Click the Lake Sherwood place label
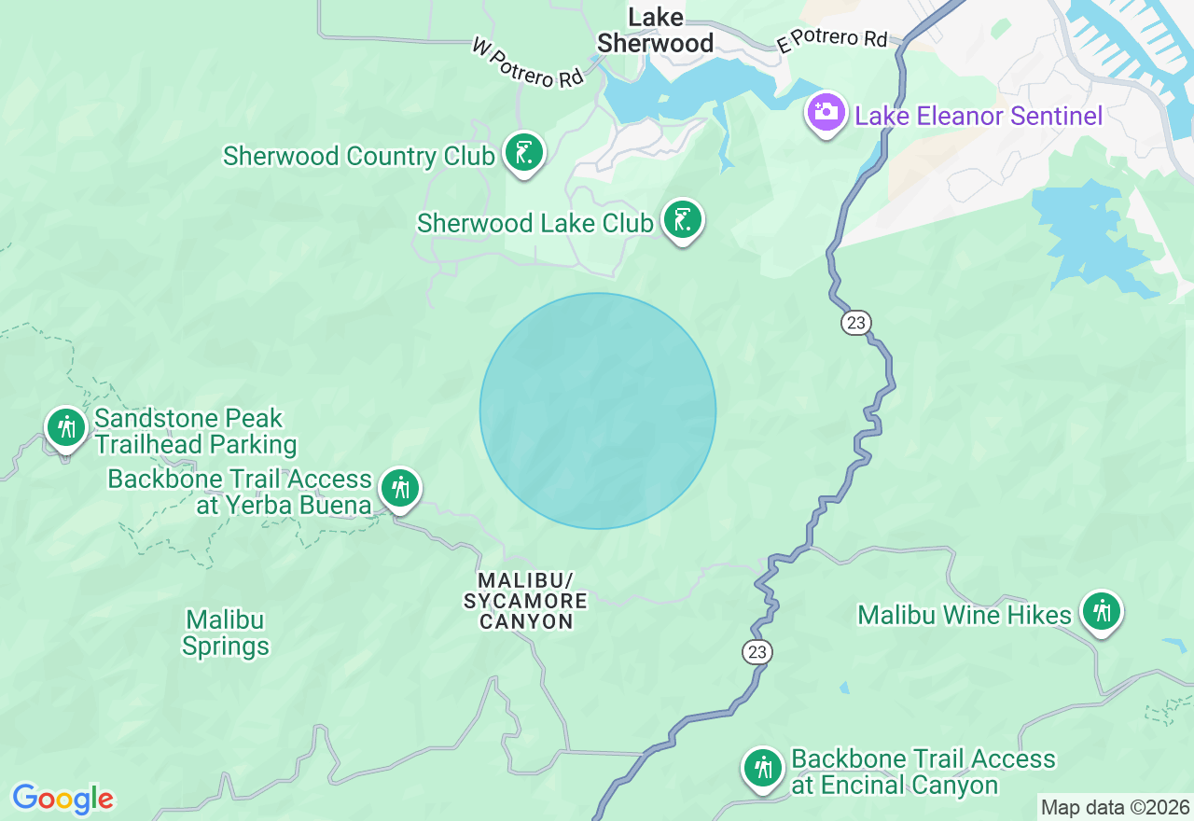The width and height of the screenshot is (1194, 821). (x=655, y=31)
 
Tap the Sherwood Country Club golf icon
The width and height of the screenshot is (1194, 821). (x=523, y=153)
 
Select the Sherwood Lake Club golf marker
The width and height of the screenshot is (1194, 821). (x=683, y=220)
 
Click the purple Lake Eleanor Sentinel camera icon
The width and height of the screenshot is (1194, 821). (x=826, y=113)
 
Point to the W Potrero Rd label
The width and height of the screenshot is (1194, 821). (x=528, y=63)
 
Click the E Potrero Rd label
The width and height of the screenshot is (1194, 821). (x=832, y=41)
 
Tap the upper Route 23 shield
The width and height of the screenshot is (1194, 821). (x=855, y=323)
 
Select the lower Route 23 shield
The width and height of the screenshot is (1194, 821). (x=757, y=652)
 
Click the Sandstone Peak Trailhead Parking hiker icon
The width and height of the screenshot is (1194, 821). (x=65, y=428)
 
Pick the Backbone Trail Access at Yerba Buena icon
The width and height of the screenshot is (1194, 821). (x=400, y=488)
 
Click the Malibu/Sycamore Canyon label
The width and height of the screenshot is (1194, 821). (x=526, y=601)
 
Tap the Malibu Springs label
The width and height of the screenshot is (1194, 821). (x=226, y=633)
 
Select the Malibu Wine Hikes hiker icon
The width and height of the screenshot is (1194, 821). (x=1102, y=612)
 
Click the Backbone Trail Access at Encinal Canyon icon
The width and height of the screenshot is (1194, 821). (x=763, y=769)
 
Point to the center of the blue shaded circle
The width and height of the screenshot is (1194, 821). (x=598, y=411)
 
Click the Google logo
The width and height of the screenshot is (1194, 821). (x=62, y=800)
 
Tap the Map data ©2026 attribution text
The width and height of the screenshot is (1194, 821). (x=1115, y=807)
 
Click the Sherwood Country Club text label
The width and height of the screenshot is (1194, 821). (x=358, y=156)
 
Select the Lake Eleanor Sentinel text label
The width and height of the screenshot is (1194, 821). (x=979, y=116)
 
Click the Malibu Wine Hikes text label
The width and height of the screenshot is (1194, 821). (x=965, y=615)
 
